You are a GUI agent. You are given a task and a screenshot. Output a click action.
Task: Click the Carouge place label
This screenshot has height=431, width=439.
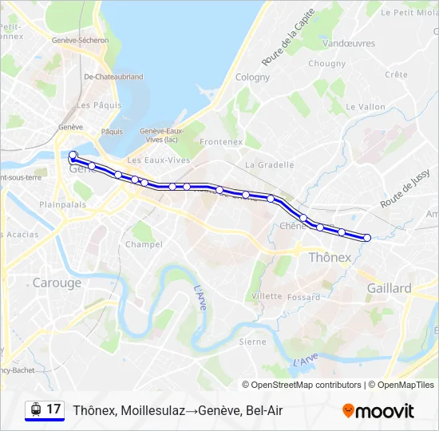click(x=57, y=283)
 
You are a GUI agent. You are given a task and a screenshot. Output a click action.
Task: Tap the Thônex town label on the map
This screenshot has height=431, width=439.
click(x=330, y=257)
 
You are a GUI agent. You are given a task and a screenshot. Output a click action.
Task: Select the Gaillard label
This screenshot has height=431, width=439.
click(x=389, y=288)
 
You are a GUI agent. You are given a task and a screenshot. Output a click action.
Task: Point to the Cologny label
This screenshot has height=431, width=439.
click(x=253, y=77)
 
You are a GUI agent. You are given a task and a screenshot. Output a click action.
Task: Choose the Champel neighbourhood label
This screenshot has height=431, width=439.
click(x=144, y=244)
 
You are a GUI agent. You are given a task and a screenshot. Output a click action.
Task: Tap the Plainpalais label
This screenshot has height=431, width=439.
click(x=63, y=204)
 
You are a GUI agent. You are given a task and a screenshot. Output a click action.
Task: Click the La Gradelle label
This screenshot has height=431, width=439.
click(x=270, y=165)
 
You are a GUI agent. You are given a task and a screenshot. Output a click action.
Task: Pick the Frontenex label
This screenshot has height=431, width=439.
click(x=221, y=142)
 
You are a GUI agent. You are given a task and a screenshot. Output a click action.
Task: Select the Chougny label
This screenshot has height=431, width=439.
click(x=327, y=64)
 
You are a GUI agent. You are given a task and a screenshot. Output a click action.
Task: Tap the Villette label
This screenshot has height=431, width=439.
click(x=267, y=296)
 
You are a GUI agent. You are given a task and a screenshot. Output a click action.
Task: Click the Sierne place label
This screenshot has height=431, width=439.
click(x=253, y=342)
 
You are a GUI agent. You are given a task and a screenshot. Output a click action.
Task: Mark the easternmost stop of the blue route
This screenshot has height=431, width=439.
click(x=367, y=237)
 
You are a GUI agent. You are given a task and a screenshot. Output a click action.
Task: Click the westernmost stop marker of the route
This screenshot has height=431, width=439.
click(x=73, y=155)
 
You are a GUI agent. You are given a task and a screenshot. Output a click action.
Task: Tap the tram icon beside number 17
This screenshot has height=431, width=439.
click(x=35, y=410)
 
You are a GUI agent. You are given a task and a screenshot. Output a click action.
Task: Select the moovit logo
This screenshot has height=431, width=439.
click(x=378, y=411)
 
